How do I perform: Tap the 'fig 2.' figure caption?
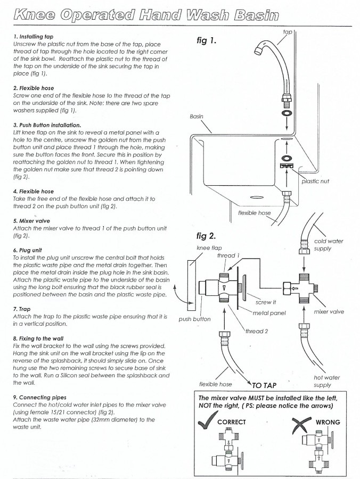click(207, 235)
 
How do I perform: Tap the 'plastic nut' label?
click(315, 181)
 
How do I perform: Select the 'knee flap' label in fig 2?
click(209, 248)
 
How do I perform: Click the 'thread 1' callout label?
click(228, 256)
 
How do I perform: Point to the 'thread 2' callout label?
click(257, 331)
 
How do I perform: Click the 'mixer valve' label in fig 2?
click(329, 312)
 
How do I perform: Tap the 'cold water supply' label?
click(329, 245)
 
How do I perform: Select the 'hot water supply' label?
click(326, 381)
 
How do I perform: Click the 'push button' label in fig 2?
click(195, 319)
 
